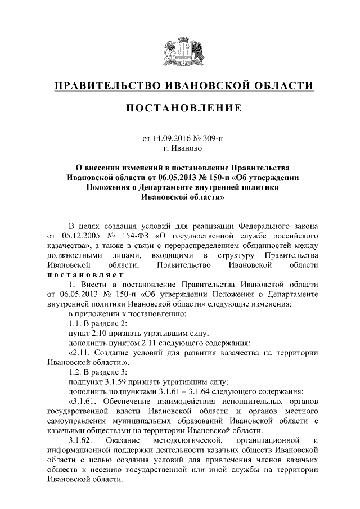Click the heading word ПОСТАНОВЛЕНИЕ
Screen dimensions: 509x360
(183, 107)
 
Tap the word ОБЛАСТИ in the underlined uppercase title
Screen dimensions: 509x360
(281, 85)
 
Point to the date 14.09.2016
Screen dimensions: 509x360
(169, 137)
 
